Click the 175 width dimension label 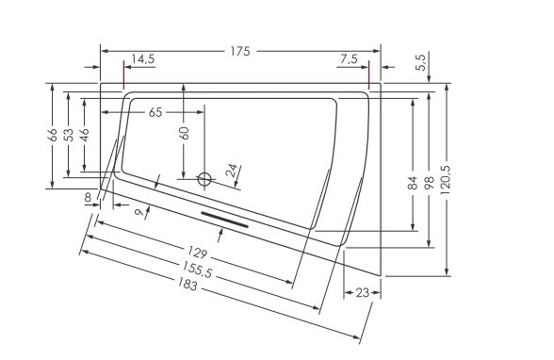240,51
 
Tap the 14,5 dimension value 143,58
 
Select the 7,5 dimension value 349,58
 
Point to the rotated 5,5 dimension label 421,62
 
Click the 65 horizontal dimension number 155,112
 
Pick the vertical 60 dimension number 184,133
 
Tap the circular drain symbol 204,179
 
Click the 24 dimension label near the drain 234,171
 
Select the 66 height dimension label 53,135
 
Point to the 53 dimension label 70,135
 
